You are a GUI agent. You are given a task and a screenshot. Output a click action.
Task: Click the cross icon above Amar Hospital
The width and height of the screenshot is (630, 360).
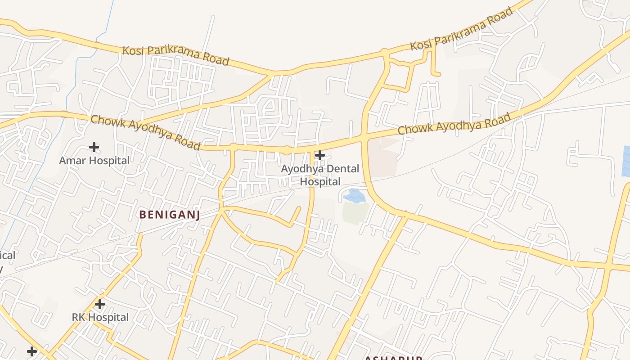point(94,147)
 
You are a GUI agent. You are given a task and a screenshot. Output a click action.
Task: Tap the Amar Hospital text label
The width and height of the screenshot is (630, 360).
point(94,161)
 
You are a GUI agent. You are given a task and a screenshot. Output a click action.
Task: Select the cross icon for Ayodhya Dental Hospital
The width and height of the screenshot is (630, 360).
point(320,155)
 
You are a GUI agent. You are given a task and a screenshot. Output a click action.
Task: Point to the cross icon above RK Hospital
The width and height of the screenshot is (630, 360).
point(100,304)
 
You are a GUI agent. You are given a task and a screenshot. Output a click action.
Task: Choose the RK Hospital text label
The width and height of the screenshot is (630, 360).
point(100,317)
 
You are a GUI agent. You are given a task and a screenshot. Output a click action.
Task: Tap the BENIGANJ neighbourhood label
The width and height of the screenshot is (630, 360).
point(169,215)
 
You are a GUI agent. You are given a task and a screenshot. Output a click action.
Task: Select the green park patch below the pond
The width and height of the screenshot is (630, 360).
point(355,212)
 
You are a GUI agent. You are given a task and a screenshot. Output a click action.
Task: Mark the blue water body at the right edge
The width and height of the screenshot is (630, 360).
point(625,161)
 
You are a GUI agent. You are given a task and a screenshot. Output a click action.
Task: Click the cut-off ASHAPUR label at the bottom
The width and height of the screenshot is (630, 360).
point(393,358)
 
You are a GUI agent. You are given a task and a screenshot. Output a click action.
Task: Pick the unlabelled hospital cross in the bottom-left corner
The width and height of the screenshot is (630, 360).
point(31,351)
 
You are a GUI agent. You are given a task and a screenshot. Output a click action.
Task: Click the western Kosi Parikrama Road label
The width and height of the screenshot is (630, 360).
point(176,55)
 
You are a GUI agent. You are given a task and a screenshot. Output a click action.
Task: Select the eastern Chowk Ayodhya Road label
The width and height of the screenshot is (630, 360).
point(454,124)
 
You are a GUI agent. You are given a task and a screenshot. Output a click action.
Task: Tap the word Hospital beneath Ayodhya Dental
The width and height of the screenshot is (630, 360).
point(320,182)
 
